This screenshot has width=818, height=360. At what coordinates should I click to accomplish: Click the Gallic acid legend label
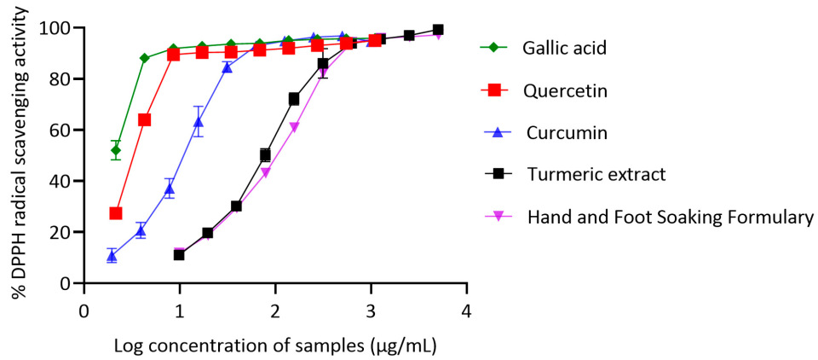[x=564, y=48]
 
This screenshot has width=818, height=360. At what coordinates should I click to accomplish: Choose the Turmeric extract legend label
[x=596, y=175]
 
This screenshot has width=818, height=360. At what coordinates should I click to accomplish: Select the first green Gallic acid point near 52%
[x=116, y=150]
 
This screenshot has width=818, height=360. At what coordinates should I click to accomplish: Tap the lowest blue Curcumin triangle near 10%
[x=112, y=256]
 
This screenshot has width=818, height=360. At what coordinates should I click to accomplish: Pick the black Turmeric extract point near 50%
[x=265, y=155]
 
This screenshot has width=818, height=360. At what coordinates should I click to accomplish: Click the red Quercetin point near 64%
[x=145, y=119]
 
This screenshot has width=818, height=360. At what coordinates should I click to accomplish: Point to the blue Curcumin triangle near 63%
[x=199, y=122]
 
